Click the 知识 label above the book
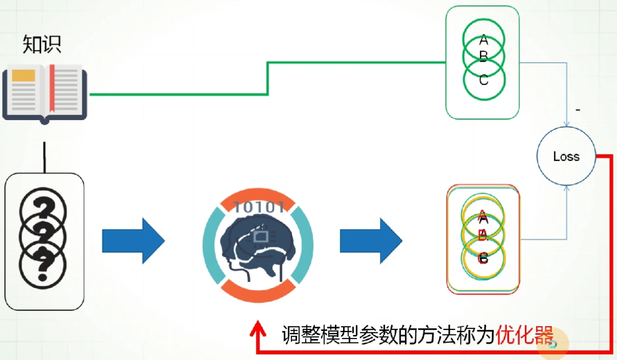pos(42,45)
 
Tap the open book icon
pos(44,92)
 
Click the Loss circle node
pos(566,156)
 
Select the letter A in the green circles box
pos(484,39)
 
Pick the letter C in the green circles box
pos(484,80)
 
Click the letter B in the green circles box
pos(484,56)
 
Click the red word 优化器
pos(525,336)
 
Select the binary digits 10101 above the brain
pos(259,208)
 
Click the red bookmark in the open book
pos(52,87)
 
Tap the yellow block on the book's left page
pos(24,75)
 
